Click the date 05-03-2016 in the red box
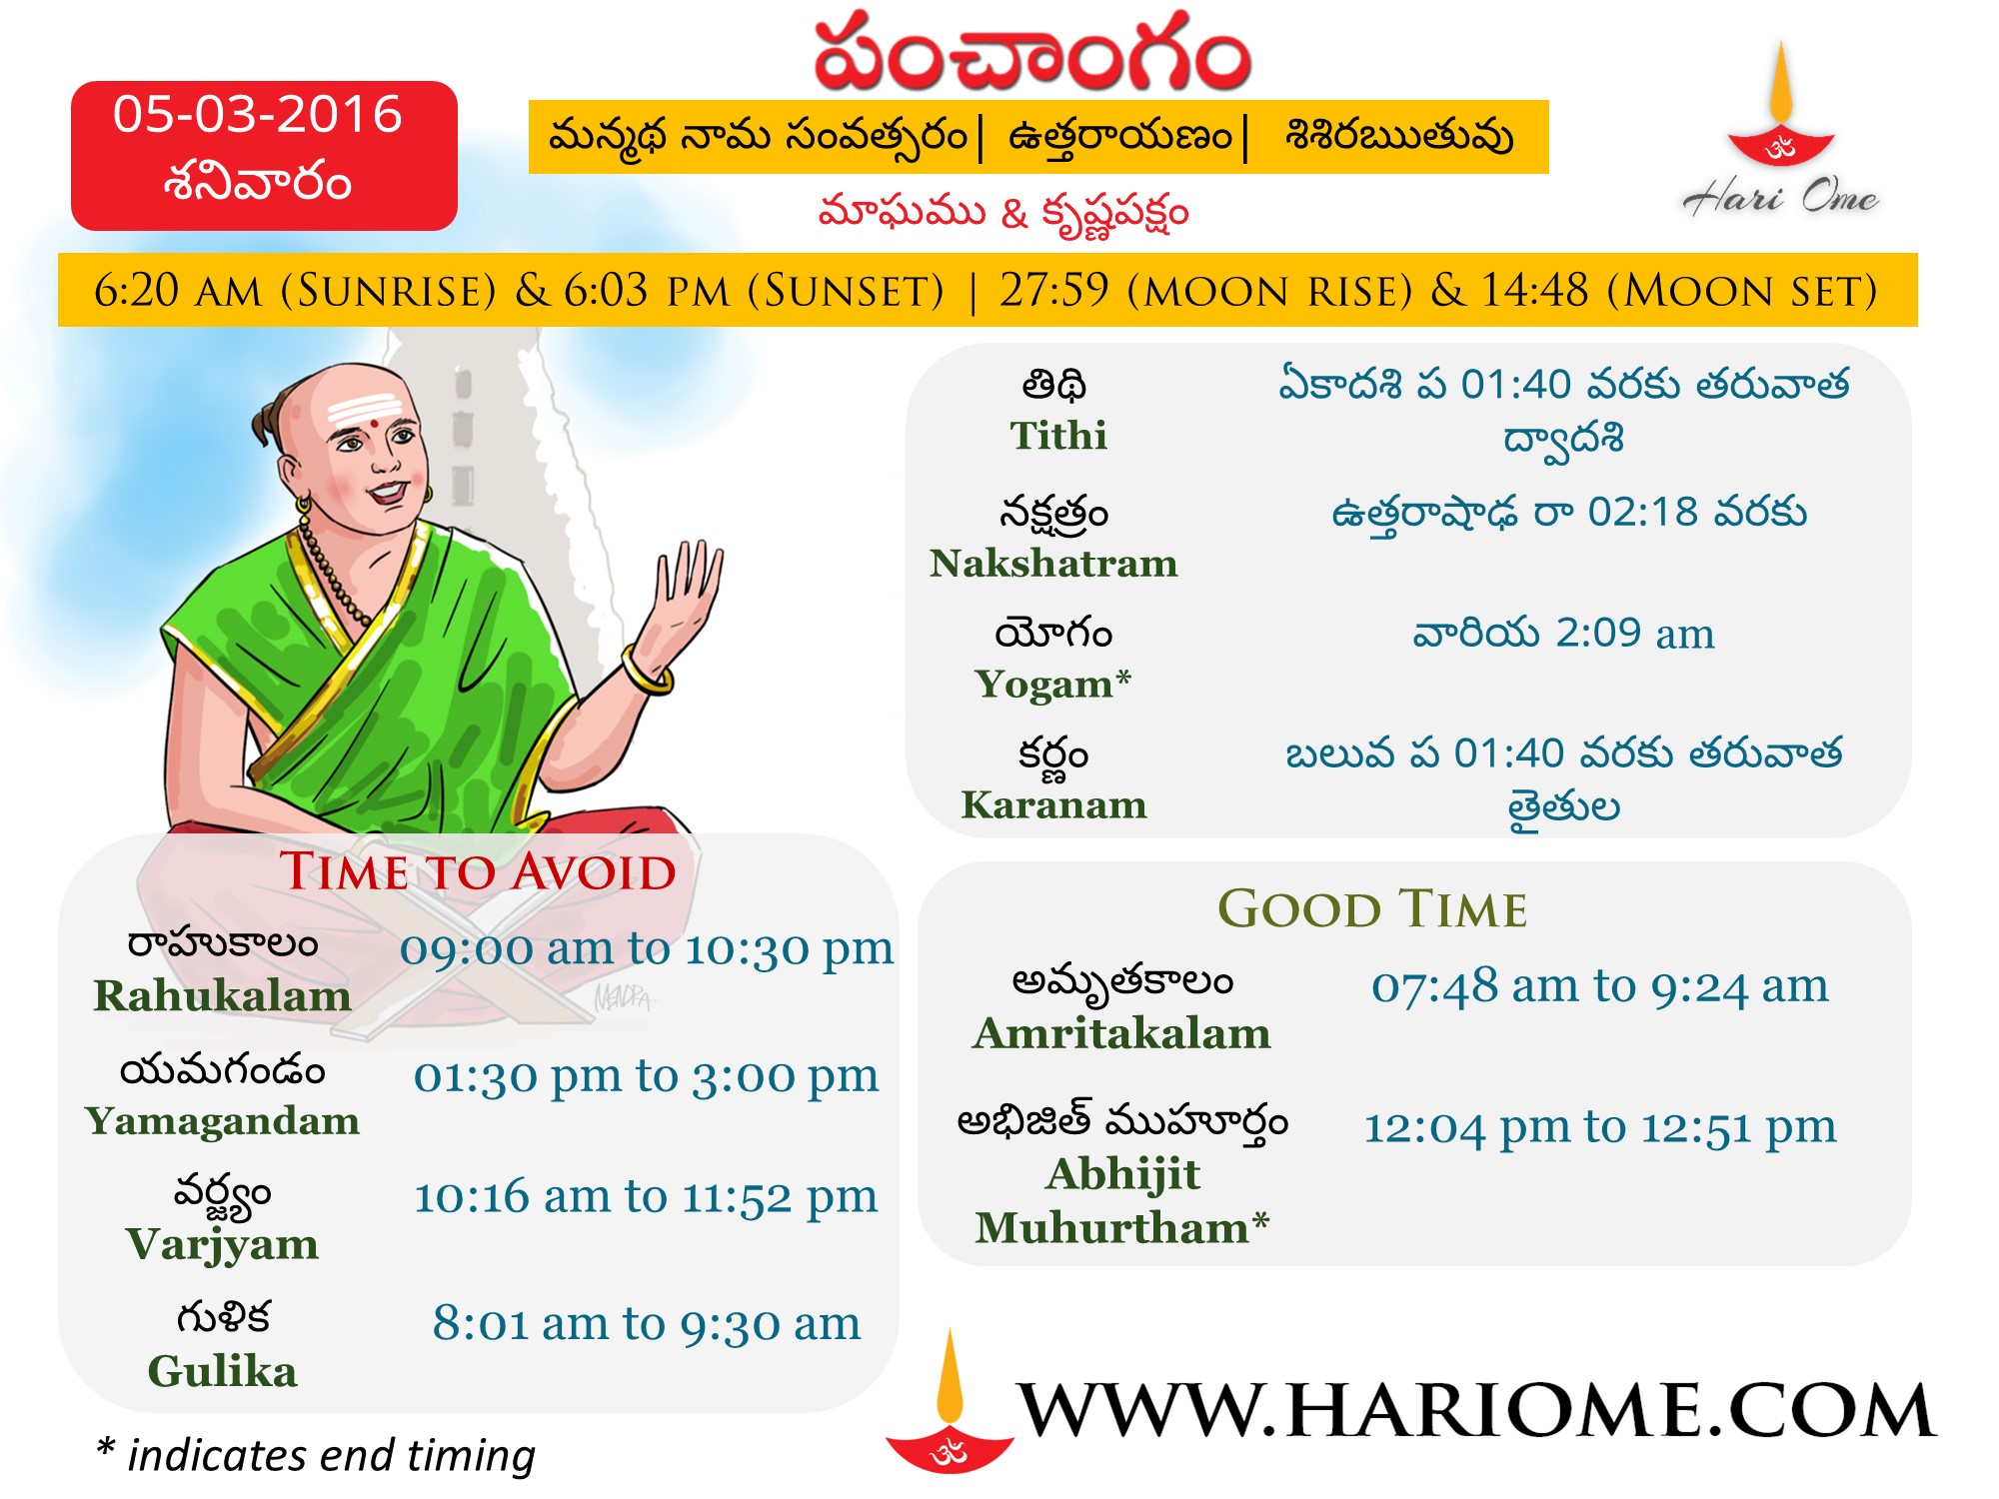tap(258, 114)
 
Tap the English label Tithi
tap(1058, 436)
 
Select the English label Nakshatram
tap(1053, 564)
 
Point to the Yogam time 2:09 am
tap(1634, 633)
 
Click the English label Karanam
tap(1053, 804)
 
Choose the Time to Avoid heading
tap(478, 871)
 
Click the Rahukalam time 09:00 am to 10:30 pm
tap(647, 948)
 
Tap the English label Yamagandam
tap(222, 1121)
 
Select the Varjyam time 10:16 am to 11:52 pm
tap(646, 1196)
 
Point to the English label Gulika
tap(222, 1371)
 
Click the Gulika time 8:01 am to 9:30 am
tap(646, 1323)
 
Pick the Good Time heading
tap(1372, 909)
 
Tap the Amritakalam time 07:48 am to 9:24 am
tap(1599, 986)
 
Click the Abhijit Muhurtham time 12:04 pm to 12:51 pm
tap(1600, 1127)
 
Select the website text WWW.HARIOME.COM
tap(1476, 1410)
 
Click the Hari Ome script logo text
tap(1780, 196)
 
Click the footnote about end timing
tap(316, 1455)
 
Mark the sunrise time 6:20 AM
tap(178, 291)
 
